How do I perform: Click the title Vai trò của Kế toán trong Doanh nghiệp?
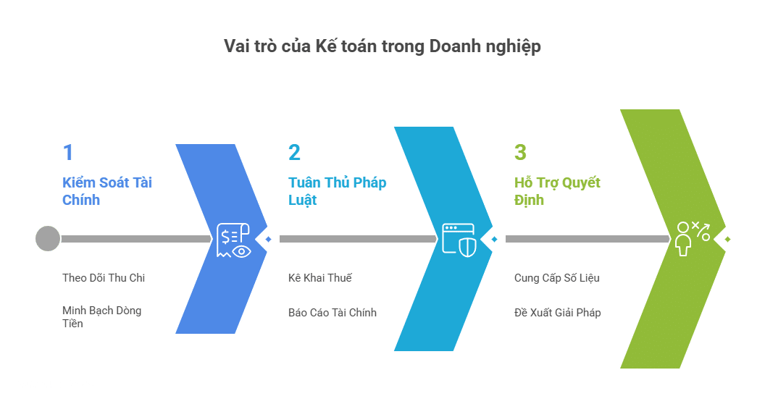click(382, 47)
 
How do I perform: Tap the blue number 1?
click(68, 153)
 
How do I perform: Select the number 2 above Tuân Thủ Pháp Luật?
click(294, 153)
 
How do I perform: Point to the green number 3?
click(520, 153)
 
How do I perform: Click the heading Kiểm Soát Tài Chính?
click(106, 191)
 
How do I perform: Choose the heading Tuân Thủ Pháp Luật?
click(337, 191)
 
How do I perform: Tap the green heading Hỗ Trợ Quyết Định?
click(557, 191)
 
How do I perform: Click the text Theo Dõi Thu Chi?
click(104, 278)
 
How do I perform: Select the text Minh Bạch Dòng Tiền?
click(101, 317)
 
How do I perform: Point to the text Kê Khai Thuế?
click(320, 278)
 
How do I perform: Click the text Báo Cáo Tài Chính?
click(333, 312)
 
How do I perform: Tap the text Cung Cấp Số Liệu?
click(556, 278)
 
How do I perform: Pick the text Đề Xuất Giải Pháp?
click(557, 312)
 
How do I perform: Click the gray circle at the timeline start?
click(48, 239)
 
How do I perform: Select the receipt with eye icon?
click(234, 240)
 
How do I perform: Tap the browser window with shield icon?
click(459, 240)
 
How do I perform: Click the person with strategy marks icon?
click(693, 239)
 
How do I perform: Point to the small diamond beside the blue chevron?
click(268, 239)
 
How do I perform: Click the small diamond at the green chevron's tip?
click(727, 239)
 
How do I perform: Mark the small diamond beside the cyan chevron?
click(494, 239)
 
